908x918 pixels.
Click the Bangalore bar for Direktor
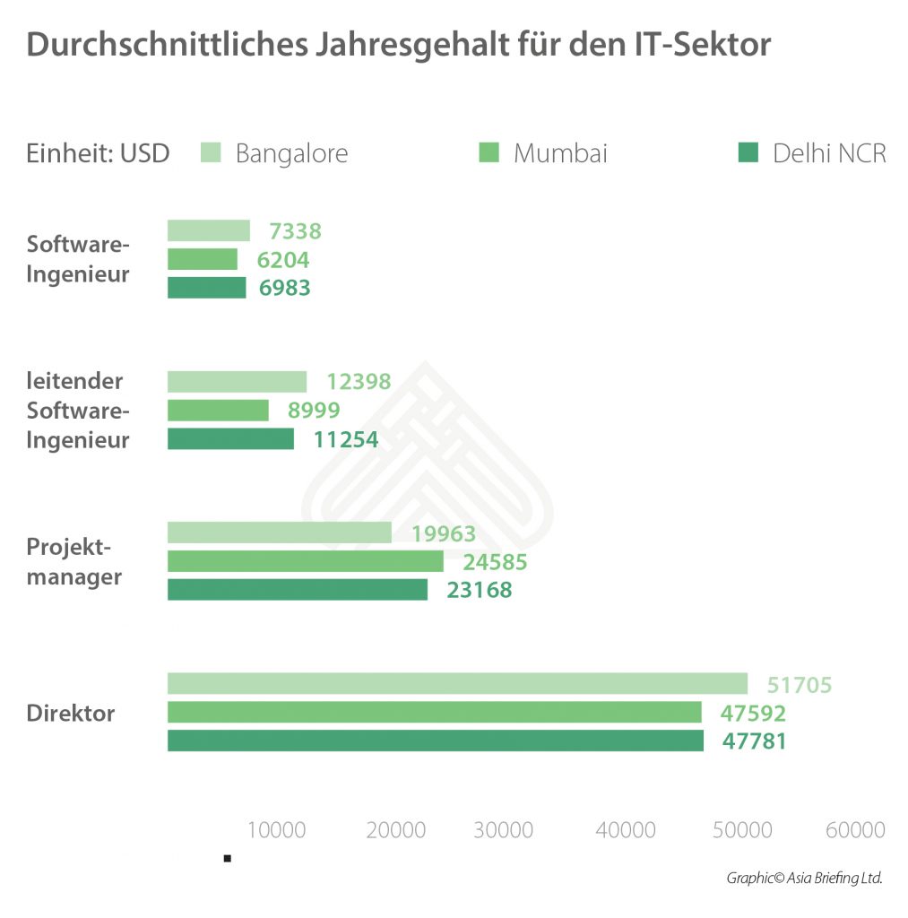pos(457,683)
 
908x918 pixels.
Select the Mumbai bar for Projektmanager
pos(305,561)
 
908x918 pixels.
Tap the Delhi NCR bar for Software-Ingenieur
pos(206,288)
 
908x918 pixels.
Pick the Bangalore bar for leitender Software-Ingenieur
pos(237,381)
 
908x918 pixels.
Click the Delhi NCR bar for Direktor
pos(435,740)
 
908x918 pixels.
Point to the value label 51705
pos(800,685)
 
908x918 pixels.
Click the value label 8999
pos(314,411)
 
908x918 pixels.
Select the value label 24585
pos(495,562)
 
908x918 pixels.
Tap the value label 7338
pos(295,231)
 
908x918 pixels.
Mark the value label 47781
pos(754,742)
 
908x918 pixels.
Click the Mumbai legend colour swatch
pos(489,152)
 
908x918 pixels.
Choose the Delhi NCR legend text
pos(829,153)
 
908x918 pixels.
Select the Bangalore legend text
pos(291,153)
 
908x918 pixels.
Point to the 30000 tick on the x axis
pos(504,830)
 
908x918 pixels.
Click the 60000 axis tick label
pos(855,830)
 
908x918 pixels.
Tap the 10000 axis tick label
pos(275,830)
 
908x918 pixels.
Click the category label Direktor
pos(71,714)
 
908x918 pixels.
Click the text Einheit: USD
pos(99,153)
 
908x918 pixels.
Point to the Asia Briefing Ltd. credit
pos(804,879)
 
